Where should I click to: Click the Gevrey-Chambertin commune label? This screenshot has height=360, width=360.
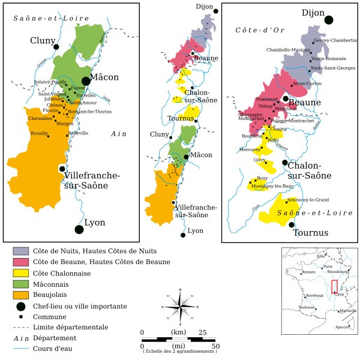(335, 40)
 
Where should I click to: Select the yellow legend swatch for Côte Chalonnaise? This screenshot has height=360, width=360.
(20, 273)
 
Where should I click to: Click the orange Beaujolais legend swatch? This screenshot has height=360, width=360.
(20, 295)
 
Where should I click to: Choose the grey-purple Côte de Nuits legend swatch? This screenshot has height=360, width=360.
(20, 251)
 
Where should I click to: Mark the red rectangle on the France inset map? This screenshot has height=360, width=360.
(335, 286)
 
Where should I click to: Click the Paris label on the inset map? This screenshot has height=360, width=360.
(327, 266)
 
